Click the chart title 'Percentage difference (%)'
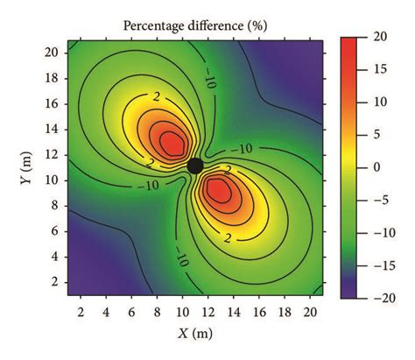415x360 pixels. tap(195, 25)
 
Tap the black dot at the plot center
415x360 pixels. tap(195, 166)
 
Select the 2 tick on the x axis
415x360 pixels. tap(81, 312)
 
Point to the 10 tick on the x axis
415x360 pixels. tap(182, 312)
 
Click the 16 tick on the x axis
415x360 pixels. tap(259, 312)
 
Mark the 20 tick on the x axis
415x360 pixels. tap(310, 312)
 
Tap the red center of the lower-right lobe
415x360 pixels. tap(220, 188)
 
